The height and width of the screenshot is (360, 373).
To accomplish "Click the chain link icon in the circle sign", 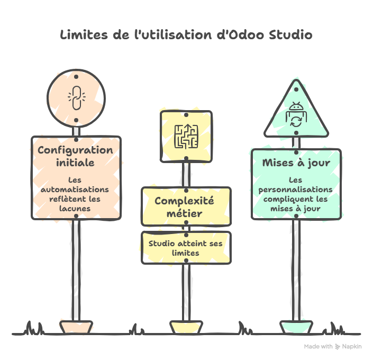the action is point(77,98).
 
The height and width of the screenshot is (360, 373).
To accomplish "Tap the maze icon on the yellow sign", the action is point(186,137).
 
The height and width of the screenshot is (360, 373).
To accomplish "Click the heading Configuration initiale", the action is point(76,156).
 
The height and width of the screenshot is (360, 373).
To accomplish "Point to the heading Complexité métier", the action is point(184,207).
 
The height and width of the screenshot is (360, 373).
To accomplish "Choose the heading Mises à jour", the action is point(296,163).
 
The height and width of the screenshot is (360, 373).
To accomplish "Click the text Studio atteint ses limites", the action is point(186,248).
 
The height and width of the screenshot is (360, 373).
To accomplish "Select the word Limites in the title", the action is point(84,35).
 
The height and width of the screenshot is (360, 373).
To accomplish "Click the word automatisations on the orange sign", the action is point(75,190).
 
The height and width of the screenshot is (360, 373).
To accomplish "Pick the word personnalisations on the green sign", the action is point(295,190).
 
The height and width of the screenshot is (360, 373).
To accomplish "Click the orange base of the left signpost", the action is point(76,327).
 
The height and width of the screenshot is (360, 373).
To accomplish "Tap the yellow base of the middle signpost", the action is point(186,327).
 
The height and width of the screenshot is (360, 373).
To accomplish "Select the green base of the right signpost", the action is point(296,327).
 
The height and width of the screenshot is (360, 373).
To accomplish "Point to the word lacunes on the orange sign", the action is point(75,209).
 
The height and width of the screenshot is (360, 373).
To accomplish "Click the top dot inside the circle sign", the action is point(76,77).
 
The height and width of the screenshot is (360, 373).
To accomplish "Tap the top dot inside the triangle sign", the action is point(296,89).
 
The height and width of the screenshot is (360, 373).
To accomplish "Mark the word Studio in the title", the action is point(290,35).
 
